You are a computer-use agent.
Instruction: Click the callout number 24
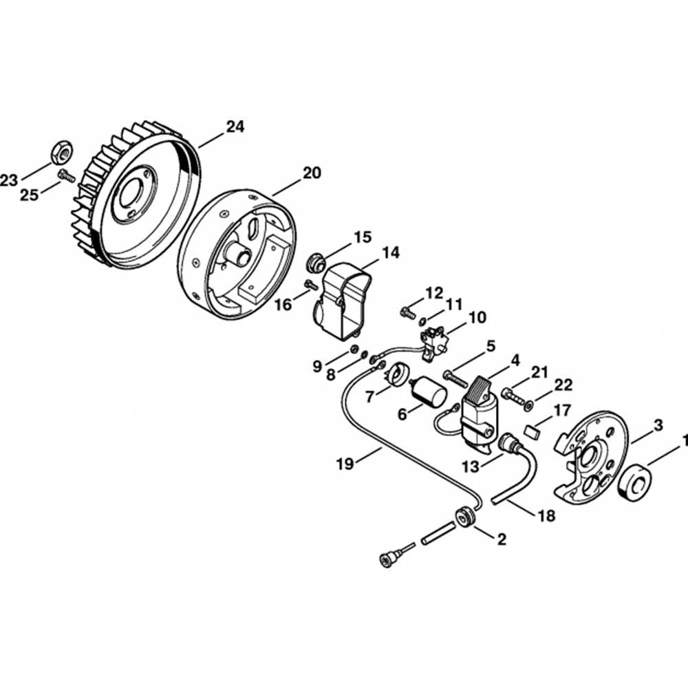pyautogui.click(x=235, y=127)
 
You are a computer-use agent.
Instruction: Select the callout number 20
pyautogui.click(x=311, y=173)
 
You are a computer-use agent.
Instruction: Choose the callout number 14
pyautogui.click(x=391, y=252)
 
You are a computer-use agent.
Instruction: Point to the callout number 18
pyautogui.click(x=546, y=515)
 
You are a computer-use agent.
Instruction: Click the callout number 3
pyautogui.click(x=658, y=424)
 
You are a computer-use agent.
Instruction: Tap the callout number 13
pyautogui.click(x=469, y=466)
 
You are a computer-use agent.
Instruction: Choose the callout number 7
pyautogui.click(x=369, y=396)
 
